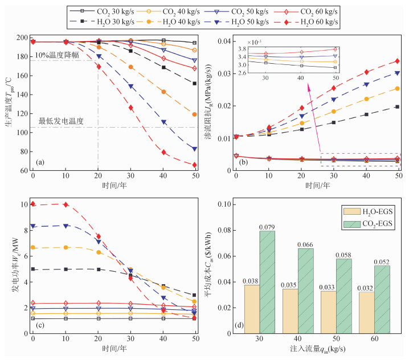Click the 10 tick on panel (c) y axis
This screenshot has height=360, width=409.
(x=24, y=204)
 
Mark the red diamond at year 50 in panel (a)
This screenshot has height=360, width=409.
(x=194, y=165)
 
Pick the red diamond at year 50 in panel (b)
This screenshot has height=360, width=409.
(x=397, y=61)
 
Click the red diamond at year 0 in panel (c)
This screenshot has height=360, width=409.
(x=32, y=203)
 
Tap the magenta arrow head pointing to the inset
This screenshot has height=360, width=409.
(x=310, y=86)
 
